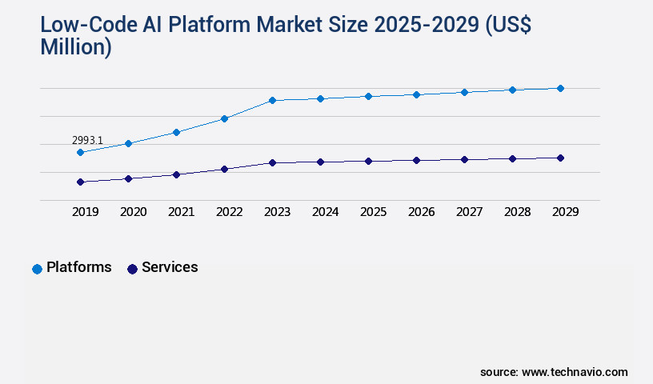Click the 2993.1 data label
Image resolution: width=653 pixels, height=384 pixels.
[87, 140]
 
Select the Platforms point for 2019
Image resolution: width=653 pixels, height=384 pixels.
[80, 152]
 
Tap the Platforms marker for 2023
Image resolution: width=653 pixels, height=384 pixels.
[272, 100]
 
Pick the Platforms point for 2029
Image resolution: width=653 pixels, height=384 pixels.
[560, 88]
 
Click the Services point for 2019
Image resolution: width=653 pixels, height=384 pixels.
[80, 182]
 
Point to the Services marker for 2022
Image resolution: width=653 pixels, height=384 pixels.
[224, 169]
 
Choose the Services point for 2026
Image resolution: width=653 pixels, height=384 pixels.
[416, 160]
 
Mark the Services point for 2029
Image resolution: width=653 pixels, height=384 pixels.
[560, 158]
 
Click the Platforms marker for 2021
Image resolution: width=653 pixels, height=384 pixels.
[176, 132]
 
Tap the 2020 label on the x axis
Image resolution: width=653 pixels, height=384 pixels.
[133, 212]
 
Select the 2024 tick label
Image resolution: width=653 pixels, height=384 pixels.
[325, 212]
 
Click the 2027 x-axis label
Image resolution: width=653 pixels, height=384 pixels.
[469, 212]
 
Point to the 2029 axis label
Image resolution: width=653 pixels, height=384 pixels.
[565, 212]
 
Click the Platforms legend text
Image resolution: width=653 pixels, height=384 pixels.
[78, 267]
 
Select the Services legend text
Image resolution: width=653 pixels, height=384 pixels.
[170, 267]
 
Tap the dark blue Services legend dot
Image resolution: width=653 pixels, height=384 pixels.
[132, 269]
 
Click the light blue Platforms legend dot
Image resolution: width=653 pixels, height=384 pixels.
[37, 269]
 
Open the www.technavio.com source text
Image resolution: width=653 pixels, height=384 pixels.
[575, 372]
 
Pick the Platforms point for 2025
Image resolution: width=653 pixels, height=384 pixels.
[368, 96]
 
